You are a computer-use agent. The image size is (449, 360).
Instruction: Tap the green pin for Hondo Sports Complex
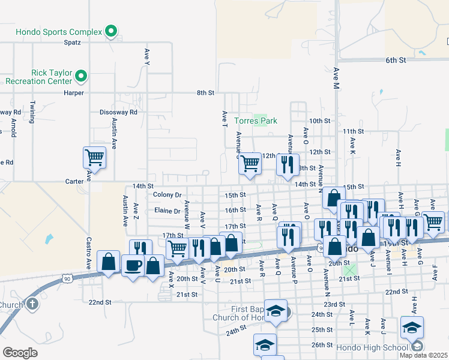(111, 31)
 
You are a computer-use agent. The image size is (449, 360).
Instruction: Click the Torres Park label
(256, 121)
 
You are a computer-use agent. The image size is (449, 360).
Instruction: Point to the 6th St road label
(396, 61)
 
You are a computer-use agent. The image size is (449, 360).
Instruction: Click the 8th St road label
(205, 93)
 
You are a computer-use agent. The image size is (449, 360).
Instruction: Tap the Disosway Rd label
(118, 112)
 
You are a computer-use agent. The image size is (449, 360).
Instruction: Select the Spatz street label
(72, 43)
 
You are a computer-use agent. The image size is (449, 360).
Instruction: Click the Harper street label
(74, 93)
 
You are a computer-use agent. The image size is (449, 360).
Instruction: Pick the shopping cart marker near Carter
(94, 158)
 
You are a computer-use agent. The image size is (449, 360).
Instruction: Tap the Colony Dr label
(167, 195)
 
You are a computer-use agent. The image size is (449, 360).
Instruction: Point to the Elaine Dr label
(167, 211)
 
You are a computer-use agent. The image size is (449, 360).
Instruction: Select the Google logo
(20, 353)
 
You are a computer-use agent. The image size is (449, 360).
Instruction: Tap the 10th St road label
(320, 121)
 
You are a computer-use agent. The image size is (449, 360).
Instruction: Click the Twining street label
(34, 112)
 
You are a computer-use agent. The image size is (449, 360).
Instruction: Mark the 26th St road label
(322, 345)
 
